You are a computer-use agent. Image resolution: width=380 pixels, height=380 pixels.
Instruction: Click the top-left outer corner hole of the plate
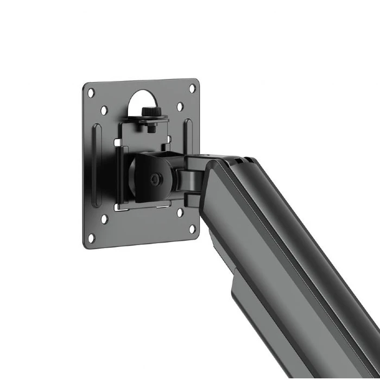coord(91,93)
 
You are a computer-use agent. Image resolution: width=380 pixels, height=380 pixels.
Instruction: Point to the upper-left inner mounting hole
coord(104,110)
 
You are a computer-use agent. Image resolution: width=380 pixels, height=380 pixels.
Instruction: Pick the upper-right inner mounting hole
coord(180,106)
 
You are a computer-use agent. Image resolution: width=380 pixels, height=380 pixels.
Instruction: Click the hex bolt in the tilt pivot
coord(157,178)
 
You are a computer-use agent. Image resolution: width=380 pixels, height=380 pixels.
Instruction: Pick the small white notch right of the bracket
coord(169,140)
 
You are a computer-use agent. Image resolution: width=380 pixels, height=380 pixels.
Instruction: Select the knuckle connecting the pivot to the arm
coord(187,179)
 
